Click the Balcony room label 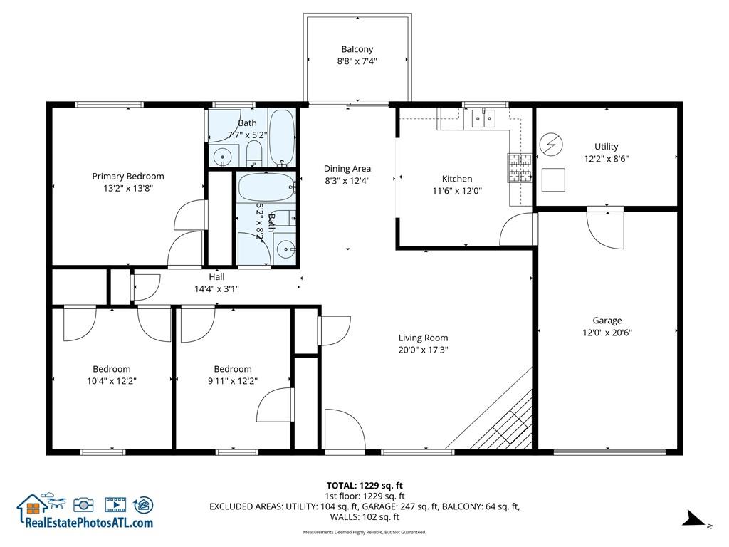pos(357,49)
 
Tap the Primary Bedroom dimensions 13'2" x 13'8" pos(127,188)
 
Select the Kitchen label pos(456,179)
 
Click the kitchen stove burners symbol pos(519,169)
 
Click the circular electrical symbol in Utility pos(550,145)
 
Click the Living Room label pos(423,338)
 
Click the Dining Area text pos(347,169)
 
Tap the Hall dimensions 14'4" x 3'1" pos(216,288)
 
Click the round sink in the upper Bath pos(224,155)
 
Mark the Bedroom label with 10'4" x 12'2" pos(111,369)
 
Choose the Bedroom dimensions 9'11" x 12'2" pos(233,380)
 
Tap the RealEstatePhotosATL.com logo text pos(89,522)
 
